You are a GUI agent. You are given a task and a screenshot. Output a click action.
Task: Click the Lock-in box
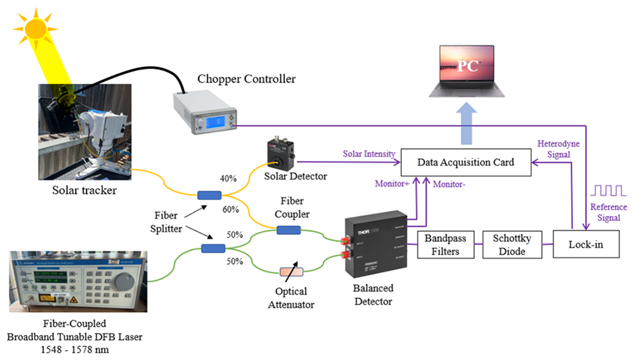click(x=586, y=244)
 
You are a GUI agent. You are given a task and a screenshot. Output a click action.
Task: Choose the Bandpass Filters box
click(x=445, y=244)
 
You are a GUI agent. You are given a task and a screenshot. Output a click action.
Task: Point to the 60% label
click(x=230, y=209)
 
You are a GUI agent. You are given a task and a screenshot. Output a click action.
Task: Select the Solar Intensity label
click(x=368, y=154)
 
